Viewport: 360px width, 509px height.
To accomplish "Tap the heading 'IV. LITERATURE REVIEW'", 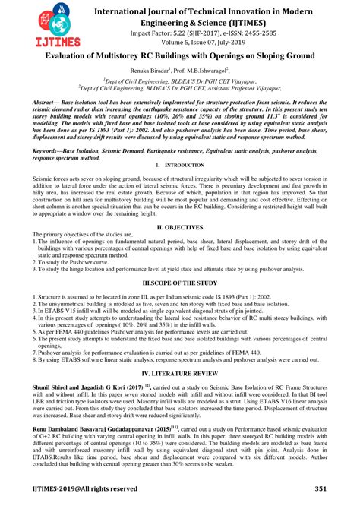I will coord(179,375).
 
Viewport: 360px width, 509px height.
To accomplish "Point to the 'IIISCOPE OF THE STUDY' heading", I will coord(179,282).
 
